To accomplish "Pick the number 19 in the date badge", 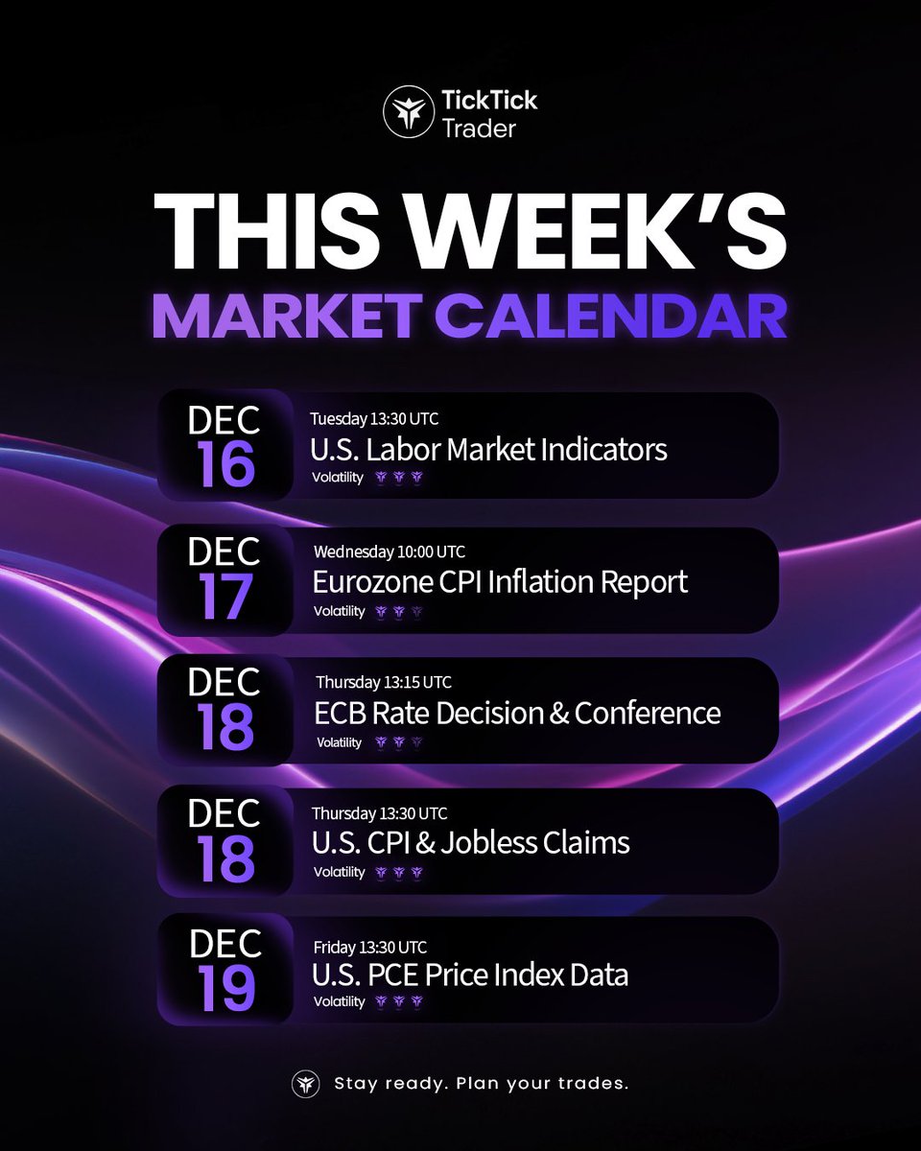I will point(227,988).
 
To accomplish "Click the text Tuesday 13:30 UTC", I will point(374,418).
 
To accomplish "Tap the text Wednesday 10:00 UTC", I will point(388,552).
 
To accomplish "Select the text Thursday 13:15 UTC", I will point(384,683).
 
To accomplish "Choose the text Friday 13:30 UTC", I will point(368,947).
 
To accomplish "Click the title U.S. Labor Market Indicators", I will point(488,449).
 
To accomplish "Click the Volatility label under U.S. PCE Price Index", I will point(340,1001).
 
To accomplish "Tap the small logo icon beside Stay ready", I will point(306,1084).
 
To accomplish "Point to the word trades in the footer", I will point(595,1085).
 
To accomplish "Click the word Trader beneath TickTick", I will point(479,128).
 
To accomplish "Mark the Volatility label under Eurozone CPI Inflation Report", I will point(340,611).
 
